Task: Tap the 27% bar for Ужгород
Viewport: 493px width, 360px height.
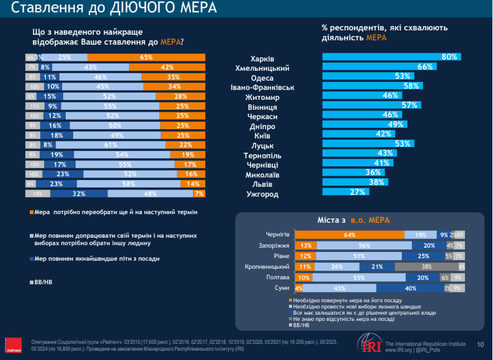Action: pyautogui.click(x=345, y=193)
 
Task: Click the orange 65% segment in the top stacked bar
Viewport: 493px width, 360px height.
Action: pyautogui.click(x=146, y=57)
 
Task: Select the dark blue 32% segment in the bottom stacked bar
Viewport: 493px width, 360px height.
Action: pyautogui.click(x=79, y=194)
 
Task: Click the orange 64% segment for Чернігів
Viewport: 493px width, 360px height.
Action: pyautogui.click(x=350, y=235)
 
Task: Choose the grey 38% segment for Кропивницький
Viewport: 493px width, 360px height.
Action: pyautogui.click(x=427, y=267)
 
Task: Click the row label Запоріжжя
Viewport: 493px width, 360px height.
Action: pyautogui.click(x=272, y=245)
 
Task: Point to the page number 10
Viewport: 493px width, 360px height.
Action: pyautogui.click(x=480, y=344)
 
